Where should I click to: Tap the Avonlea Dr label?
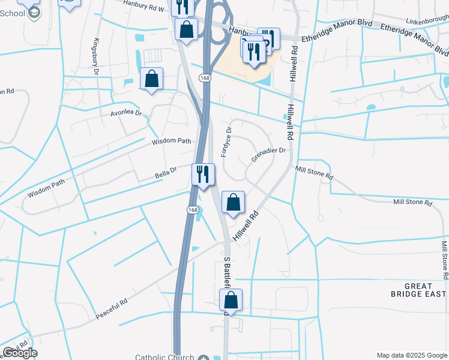point(125,112)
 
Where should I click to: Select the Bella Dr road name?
point(166,172)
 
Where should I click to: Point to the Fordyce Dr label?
point(226,142)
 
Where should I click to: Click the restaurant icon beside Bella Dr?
point(202,174)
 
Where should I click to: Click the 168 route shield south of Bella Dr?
point(192,209)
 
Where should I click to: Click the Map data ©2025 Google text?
point(411,355)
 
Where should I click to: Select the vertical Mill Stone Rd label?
point(444,261)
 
